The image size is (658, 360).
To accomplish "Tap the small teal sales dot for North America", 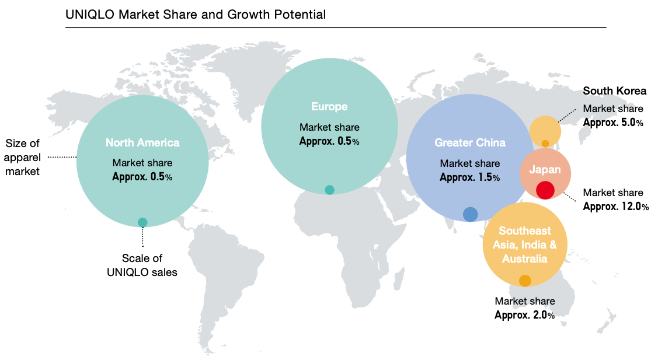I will tap(142, 222).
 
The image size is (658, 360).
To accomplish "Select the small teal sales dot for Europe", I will tap(329, 190).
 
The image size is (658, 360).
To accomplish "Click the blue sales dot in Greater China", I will tap(470, 214).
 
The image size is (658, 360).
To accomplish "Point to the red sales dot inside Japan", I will tap(545, 190).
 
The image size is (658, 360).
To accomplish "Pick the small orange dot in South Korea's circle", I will tap(545, 144).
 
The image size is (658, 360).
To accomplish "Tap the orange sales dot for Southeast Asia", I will tap(525, 281).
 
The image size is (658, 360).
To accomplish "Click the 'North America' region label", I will tap(142, 142).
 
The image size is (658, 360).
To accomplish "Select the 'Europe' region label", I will tap(329, 107).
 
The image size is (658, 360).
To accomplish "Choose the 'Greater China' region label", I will tap(470, 143).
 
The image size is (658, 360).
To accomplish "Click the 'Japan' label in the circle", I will tap(545, 170).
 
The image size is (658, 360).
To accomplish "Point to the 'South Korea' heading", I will tap(615, 91).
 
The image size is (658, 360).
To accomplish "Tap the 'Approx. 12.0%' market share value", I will tap(615, 206).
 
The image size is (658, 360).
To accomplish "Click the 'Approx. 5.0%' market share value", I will tap(613, 123).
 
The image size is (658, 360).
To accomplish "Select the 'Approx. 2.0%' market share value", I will tap(524, 315).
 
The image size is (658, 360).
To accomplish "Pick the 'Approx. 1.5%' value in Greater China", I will tap(470, 177).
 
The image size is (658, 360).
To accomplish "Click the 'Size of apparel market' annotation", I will tap(22, 157).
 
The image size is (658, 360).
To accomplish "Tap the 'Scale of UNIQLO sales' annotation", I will tap(142, 265).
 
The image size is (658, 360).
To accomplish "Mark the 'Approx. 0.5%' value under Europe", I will tap(329, 141).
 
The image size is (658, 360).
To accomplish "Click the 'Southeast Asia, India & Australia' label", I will tap(524, 245).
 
